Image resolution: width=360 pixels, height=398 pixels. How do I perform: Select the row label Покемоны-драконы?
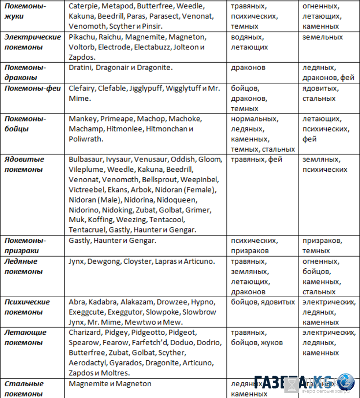25,72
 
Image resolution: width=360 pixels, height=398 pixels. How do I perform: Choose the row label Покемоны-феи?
32,88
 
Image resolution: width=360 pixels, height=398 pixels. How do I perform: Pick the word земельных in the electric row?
323,37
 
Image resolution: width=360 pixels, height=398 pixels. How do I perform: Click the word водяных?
247,37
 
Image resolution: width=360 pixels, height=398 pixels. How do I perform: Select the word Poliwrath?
86,139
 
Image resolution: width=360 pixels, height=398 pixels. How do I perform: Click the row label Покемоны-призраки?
25,245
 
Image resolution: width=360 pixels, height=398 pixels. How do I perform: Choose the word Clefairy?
82,88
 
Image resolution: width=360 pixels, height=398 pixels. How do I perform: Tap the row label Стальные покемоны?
24,389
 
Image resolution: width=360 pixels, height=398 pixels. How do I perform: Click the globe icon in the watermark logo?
346,382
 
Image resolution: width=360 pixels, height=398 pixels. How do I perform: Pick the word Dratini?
80,68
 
